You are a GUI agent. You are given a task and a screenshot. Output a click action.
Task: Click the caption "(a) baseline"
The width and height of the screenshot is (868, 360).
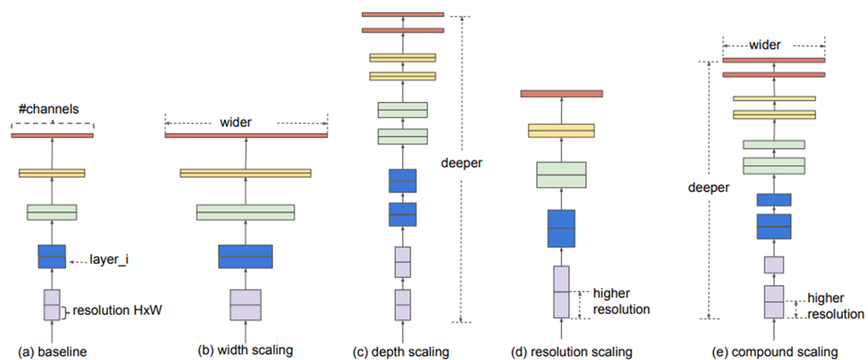[x=52, y=352]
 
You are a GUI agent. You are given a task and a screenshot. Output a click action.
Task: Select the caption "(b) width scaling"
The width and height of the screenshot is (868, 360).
[x=245, y=350]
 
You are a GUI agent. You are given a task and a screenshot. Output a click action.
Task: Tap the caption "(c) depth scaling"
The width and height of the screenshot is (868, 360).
[x=402, y=352]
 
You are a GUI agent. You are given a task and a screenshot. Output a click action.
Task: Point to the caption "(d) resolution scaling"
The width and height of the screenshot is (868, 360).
[x=573, y=352]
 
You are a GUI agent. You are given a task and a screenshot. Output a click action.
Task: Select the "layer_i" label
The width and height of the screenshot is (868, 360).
[x=110, y=259]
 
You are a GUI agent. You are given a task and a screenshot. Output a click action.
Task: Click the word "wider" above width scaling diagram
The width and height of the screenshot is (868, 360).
[x=236, y=122]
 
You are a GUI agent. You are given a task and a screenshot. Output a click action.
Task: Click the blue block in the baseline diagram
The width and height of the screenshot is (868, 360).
[x=52, y=256]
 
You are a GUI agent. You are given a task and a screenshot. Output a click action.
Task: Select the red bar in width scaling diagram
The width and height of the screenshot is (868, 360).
[x=247, y=135]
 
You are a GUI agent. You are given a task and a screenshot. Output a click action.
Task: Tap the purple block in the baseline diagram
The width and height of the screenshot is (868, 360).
[x=52, y=304]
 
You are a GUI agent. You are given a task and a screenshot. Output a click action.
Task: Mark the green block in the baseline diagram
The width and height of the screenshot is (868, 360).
[x=52, y=212]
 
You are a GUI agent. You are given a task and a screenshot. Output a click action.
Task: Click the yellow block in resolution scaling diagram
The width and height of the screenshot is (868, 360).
[x=561, y=130]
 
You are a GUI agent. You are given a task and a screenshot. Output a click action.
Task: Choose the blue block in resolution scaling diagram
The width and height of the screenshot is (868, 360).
[x=561, y=228]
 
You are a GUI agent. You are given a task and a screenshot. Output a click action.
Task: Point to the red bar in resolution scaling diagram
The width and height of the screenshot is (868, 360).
[x=561, y=94]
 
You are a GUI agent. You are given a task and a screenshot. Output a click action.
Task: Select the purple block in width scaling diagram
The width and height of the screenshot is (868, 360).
[x=246, y=304]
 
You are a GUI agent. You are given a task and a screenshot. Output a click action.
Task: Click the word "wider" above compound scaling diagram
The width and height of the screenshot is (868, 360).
[x=774, y=46]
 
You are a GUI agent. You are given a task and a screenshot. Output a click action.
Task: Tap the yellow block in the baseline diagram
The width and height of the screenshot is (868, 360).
[x=52, y=172]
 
